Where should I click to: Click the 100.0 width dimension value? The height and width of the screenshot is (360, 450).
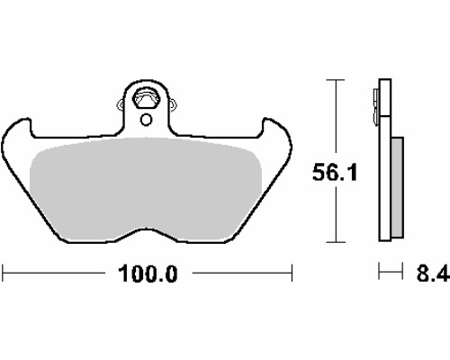pos(148,274)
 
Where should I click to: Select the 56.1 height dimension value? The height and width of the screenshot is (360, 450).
pos(335,173)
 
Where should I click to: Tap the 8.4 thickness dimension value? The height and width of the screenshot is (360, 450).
pos(433,273)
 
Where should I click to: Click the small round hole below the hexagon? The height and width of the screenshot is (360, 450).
pos(147,120)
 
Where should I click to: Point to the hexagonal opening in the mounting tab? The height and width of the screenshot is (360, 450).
pos(146,98)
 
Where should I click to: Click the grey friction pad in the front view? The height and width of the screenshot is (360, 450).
pos(146,189)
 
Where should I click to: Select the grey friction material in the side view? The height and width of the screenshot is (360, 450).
pos(398,186)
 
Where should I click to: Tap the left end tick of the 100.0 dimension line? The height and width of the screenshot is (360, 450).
pos(3,273)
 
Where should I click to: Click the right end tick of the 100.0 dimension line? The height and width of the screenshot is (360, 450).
pos(292,273)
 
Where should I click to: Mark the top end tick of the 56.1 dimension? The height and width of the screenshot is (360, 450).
pos(336,80)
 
